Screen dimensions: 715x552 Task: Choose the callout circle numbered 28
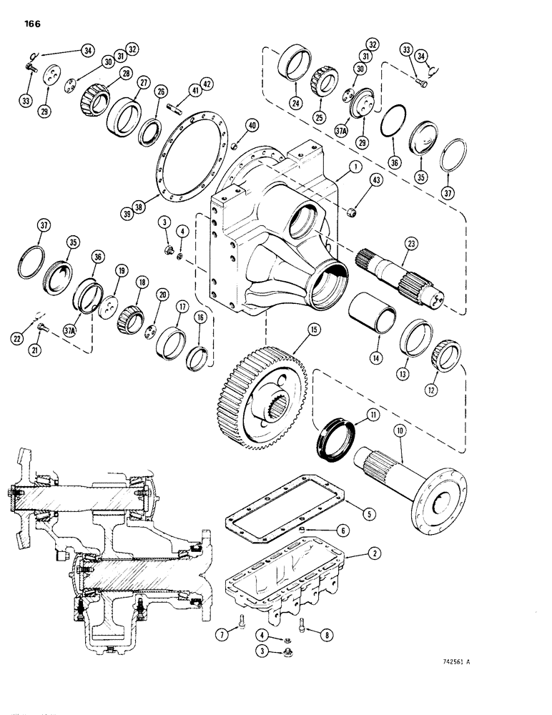tap(127, 76)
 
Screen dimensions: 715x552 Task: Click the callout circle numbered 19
tap(122, 271)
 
